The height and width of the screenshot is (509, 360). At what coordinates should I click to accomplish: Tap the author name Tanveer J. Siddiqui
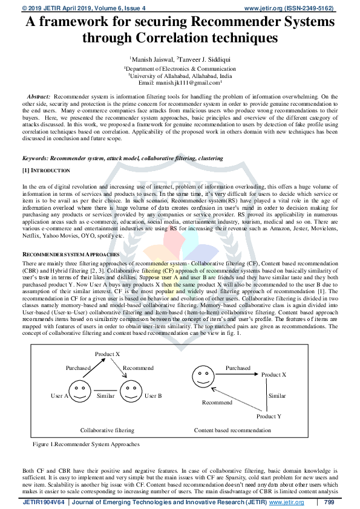coord(203,59)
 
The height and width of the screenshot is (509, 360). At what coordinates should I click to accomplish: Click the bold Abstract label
coord(39,97)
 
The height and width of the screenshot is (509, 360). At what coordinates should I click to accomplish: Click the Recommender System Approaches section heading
coord(67,255)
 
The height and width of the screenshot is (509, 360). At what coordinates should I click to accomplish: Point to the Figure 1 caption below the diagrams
coord(86,444)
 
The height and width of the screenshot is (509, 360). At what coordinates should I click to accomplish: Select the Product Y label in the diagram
coord(269,417)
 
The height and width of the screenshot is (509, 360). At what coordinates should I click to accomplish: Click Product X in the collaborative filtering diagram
coord(108,353)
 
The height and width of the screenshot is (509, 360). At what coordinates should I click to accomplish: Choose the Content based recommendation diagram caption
coord(232,430)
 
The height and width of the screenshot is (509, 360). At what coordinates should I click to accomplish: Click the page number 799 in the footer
coord(329,502)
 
